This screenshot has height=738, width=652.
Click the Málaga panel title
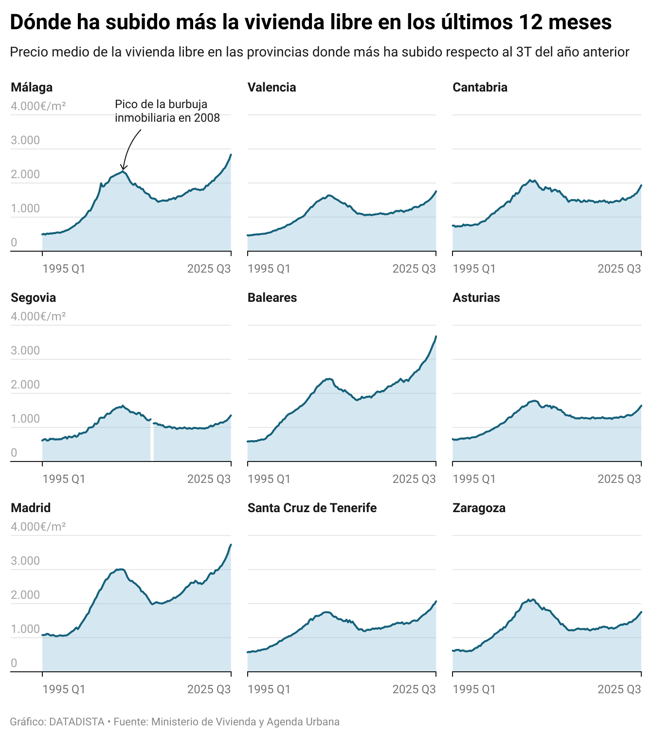coord(32,88)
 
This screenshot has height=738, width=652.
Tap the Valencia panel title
coord(272,88)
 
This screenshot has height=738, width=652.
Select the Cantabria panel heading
coord(480,88)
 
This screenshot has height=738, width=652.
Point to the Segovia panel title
coord(33,298)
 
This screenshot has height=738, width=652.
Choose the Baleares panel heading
coord(272,298)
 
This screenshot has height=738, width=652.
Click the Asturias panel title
coord(476,298)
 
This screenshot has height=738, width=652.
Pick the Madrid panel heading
coord(31,508)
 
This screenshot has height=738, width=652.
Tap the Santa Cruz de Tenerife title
coord(312,508)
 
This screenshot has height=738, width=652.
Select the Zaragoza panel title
coord(479,508)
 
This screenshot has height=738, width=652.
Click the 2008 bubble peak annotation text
coord(167,111)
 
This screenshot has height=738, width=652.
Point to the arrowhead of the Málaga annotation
coord(124,168)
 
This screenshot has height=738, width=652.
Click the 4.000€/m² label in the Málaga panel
coord(38,106)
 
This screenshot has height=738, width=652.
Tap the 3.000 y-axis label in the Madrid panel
coord(25,561)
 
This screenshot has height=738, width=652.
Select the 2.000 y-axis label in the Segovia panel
coord(25,385)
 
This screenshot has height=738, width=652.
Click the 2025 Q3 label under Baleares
coord(414,479)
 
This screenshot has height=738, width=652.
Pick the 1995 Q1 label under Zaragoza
coord(474,689)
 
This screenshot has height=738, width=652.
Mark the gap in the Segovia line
coord(152,441)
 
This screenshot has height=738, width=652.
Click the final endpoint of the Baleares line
coord(436,336)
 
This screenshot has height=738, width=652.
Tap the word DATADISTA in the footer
coord(77,722)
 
